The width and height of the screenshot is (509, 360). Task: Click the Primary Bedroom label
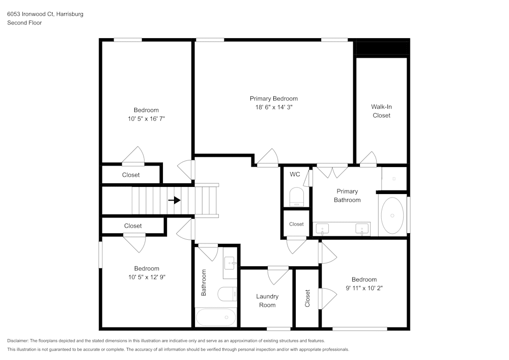[x=273, y=98]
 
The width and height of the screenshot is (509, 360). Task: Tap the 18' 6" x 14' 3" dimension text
[x=273, y=107]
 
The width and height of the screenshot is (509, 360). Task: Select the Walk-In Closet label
[x=381, y=111]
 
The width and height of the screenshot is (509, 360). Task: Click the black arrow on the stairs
[x=175, y=200]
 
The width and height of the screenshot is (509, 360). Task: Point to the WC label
[x=295, y=174]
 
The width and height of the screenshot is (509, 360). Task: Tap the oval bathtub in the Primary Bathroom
[x=392, y=215]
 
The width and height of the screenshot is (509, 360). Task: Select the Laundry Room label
[x=267, y=300]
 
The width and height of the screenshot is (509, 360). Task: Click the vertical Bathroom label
[x=204, y=283]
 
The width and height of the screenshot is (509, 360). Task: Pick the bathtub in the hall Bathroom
[x=216, y=317]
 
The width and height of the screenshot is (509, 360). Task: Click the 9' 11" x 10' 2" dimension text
[x=364, y=288]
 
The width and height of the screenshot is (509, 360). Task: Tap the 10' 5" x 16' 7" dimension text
[x=146, y=119]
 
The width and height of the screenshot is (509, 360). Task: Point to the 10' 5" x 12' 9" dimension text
[x=147, y=277]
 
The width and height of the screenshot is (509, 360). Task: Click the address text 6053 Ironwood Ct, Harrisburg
[x=45, y=14]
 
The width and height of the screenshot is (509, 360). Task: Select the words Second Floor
[x=24, y=23]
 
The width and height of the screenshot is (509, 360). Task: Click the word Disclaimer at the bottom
[x=18, y=341]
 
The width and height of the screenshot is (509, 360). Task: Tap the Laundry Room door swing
[x=278, y=275]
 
